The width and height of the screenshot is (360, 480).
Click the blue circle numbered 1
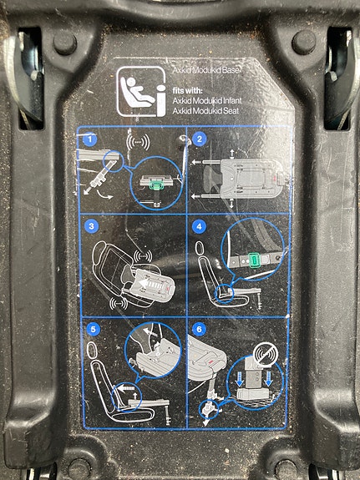click(x=89, y=139)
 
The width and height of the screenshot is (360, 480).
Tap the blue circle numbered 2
click(x=200, y=139)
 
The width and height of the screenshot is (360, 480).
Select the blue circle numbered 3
click(x=91, y=227)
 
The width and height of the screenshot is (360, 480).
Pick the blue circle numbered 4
click(x=200, y=227)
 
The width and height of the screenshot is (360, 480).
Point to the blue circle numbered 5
click(x=94, y=330)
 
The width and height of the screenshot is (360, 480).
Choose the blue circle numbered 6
click(x=200, y=330)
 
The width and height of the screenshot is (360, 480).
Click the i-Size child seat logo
click(x=141, y=92)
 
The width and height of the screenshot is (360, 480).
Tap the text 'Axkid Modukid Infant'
click(x=207, y=100)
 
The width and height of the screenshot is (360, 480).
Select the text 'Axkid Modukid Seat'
click(x=205, y=111)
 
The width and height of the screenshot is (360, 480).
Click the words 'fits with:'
click(x=187, y=91)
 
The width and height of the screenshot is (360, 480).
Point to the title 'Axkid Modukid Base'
click(x=205, y=70)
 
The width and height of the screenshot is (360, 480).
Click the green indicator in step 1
click(x=156, y=184)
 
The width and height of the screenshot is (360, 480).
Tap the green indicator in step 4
click(x=254, y=260)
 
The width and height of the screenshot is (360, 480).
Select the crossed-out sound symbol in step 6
click(x=266, y=355)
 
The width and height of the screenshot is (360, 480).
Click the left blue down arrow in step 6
click(x=240, y=379)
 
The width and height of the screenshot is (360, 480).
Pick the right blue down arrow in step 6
click(x=269, y=379)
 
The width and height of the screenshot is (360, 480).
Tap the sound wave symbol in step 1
click(x=138, y=143)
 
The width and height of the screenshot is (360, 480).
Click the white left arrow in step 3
click(x=144, y=283)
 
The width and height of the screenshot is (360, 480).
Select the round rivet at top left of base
click(x=65, y=43)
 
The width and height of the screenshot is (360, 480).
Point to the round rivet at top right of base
click(x=304, y=43)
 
